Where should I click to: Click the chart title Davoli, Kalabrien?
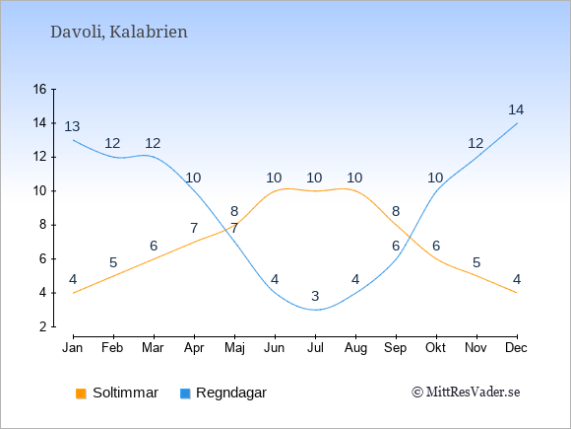pos(119,33)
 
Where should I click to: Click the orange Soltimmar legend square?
pos(81,393)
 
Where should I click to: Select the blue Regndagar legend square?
pos(185,393)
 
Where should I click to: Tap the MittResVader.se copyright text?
pos(466,393)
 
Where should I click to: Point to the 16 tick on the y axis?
pos(40,89)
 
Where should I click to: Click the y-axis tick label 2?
pos(43,326)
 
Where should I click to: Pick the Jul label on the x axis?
pos(315,348)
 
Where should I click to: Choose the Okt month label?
pos(435,348)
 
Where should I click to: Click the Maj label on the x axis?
pos(234,348)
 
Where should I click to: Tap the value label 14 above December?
pos(516,109)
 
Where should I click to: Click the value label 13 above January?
pos(72,126)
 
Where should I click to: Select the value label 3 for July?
pos(315,296)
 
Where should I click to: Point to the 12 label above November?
pos(476,143)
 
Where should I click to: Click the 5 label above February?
pos(113,262)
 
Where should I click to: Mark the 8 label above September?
pos(396,211)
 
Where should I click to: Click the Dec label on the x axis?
pos(516,348)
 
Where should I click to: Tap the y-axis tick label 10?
pos(40,190)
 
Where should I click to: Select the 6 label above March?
pos(154,246)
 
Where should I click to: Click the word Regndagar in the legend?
pos(231,393)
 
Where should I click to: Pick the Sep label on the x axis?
pos(396,348)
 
